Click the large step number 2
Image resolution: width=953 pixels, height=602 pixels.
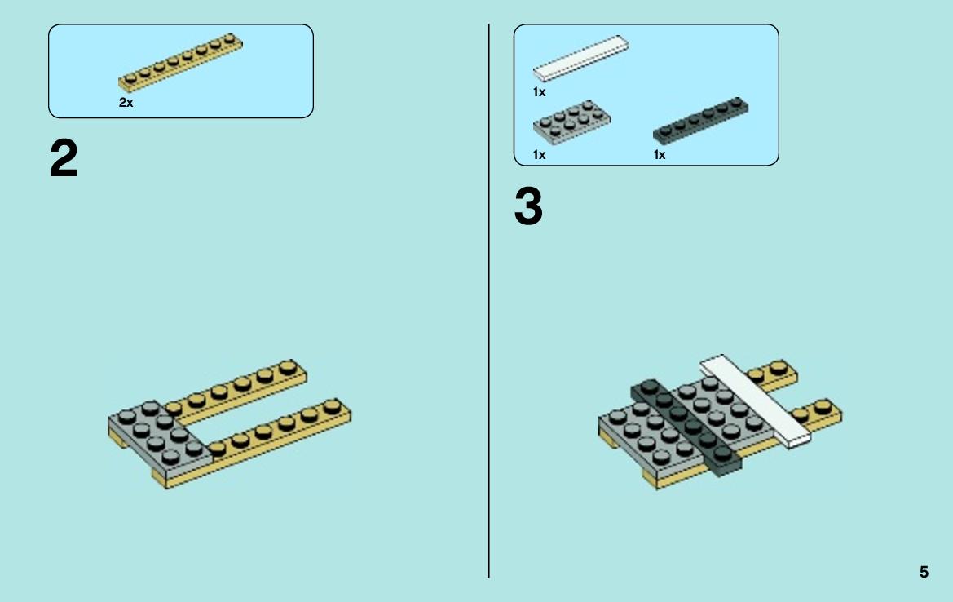pyautogui.click(x=64, y=158)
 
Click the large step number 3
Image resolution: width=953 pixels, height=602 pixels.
pyautogui.click(x=528, y=206)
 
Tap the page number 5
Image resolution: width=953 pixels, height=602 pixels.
pyautogui.click(x=924, y=572)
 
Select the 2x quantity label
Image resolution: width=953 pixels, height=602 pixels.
pyautogui.click(x=126, y=103)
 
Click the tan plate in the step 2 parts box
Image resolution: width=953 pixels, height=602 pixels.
pyautogui.click(x=180, y=63)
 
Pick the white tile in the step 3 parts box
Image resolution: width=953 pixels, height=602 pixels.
pyautogui.click(x=581, y=59)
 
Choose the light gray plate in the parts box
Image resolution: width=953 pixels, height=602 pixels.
pyautogui.click(x=572, y=122)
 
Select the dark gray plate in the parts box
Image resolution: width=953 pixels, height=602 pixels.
pyautogui.click(x=701, y=121)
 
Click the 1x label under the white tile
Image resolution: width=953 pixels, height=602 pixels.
pyautogui.click(x=539, y=92)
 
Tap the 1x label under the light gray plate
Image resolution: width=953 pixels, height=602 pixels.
pyautogui.click(x=539, y=155)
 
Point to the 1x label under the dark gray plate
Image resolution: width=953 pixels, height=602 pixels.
pyautogui.click(x=660, y=155)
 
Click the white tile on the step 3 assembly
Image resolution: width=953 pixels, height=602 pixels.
pyautogui.click(x=756, y=402)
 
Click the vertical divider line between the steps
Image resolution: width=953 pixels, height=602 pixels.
pyautogui.click(x=488, y=301)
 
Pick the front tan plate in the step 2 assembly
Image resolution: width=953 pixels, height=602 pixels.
pyautogui.click(x=255, y=443)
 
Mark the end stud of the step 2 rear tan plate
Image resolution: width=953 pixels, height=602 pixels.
pyautogui.click(x=288, y=366)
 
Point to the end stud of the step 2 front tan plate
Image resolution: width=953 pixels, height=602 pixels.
pyautogui.click(x=332, y=405)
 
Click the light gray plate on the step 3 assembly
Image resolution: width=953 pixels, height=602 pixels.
pyautogui.click(x=681, y=426)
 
